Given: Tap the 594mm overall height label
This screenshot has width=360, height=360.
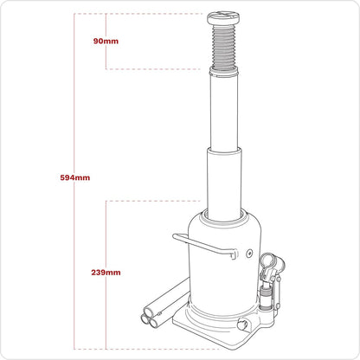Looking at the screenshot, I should click(76, 177).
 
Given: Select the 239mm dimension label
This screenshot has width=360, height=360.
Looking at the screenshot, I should click(105, 272).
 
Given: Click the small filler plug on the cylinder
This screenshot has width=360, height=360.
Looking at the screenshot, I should click(249, 255).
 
